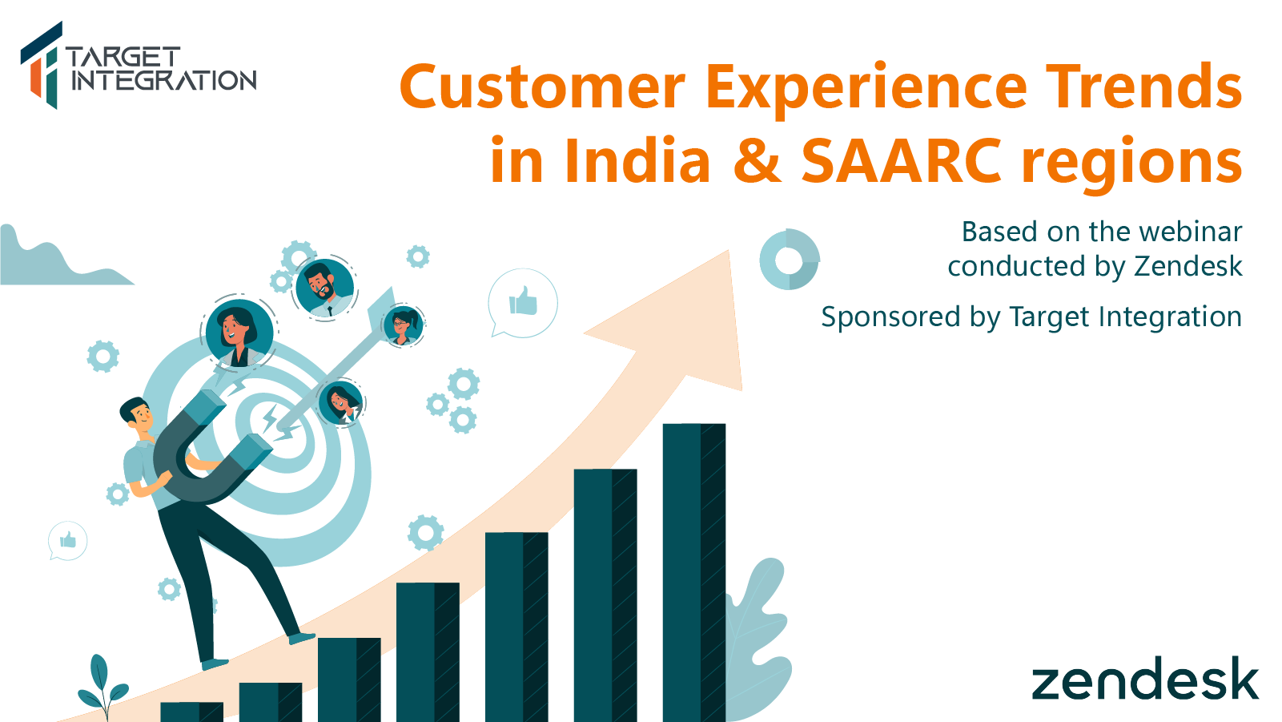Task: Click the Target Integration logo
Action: (138, 65)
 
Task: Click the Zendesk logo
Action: (1145, 678)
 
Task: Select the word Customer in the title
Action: (542, 87)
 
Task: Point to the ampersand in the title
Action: (757, 161)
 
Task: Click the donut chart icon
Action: (790, 260)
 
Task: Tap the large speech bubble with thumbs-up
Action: (523, 303)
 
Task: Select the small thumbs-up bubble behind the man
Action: (67, 540)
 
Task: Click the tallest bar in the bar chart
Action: (694, 573)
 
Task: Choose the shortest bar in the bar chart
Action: (191, 712)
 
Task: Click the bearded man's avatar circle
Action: (325, 288)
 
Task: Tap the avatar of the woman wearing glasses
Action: (404, 325)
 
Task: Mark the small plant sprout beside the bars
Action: (103, 687)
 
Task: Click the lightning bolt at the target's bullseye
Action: (270, 418)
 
